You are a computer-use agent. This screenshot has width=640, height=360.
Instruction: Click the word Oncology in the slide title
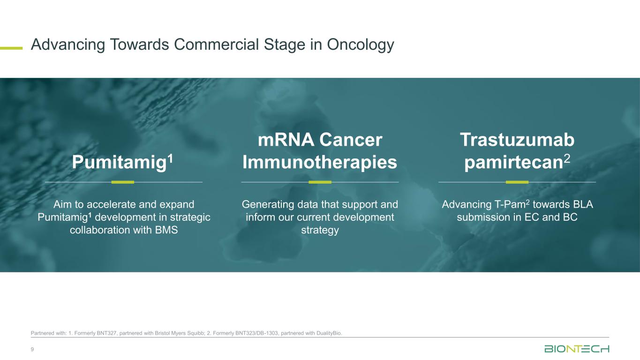(x=361, y=45)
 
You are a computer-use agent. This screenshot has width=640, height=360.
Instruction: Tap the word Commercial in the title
(x=216, y=45)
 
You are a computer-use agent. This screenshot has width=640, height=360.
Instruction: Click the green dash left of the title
(x=11, y=48)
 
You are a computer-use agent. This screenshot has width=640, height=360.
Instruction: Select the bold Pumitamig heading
(x=119, y=162)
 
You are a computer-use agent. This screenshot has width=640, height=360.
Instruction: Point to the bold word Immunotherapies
(x=320, y=162)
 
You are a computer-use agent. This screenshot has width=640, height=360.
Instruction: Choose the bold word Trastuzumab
(x=517, y=140)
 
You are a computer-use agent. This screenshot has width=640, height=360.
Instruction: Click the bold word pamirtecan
(x=513, y=163)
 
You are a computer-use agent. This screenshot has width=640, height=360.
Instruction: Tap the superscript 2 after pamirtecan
(x=567, y=158)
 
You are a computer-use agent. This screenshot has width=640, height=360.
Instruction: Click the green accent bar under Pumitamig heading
(x=122, y=182)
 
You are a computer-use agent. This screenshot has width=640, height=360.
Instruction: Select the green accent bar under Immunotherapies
(x=320, y=182)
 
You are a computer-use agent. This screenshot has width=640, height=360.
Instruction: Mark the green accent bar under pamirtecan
(x=517, y=182)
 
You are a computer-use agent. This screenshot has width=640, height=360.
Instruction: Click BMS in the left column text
(x=166, y=230)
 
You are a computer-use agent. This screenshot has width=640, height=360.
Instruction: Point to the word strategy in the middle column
(x=320, y=231)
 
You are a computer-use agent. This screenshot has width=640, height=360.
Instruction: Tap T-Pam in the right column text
(x=509, y=204)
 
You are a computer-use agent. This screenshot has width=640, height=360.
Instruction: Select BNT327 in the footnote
(x=106, y=333)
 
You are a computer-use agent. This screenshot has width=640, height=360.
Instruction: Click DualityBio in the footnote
(x=329, y=333)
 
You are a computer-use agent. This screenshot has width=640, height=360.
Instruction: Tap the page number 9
(x=32, y=349)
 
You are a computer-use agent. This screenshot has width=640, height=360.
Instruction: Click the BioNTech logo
(x=577, y=349)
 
